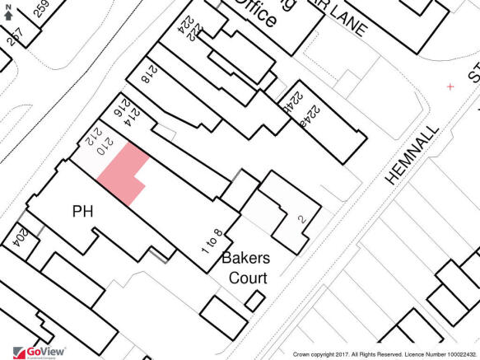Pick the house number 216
pyautogui.click(x=118, y=107)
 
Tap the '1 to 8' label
pyautogui.click(x=212, y=243)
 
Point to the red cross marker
pyautogui.click(x=450, y=86)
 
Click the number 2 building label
pyautogui.click(x=302, y=218)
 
